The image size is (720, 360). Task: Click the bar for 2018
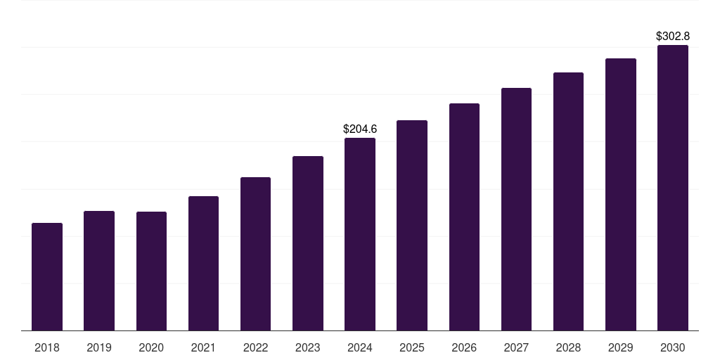click(x=47, y=277)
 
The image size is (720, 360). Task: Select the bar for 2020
click(x=151, y=271)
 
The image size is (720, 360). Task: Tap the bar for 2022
click(x=255, y=254)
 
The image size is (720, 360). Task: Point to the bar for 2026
click(x=464, y=217)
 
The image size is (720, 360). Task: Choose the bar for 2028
click(x=568, y=202)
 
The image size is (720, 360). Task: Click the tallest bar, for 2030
click(x=673, y=188)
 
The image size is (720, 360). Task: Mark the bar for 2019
click(x=99, y=271)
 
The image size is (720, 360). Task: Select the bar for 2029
click(x=621, y=195)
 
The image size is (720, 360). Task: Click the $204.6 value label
click(x=360, y=129)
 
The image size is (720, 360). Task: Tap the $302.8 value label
click(x=673, y=36)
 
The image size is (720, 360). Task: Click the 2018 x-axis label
click(x=47, y=347)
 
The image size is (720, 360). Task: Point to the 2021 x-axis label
click(x=203, y=347)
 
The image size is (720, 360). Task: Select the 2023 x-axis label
click(x=308, y=347)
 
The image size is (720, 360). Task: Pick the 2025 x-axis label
click(x=412, y=347)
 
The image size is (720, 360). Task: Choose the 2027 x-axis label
click(x=516, y=347)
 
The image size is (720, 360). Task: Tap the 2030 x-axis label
click(x=673, y=347)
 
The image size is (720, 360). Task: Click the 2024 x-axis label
click(x=360, y=347)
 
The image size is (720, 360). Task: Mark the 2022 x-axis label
click(x=255, y=347)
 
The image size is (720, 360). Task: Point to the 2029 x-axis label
click(x=621, y=347)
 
